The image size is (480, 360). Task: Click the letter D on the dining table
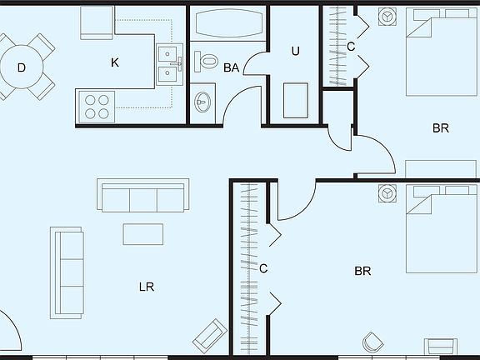click(22, 67)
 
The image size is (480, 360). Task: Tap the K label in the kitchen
click(115, 62)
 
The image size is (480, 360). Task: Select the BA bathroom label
click(232, 67)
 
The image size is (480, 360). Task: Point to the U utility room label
click(295, 51)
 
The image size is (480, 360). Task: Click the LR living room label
click(147, 287)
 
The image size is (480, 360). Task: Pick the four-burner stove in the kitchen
click(96, 106)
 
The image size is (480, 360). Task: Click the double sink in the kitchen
click(170, 64)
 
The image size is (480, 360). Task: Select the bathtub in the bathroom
click(227, 23)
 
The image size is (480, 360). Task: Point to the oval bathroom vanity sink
click(202, 103)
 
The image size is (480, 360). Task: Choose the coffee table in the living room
click(143, 234)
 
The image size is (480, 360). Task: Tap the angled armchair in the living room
click(210, 335)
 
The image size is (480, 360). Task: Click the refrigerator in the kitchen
click(97, 22)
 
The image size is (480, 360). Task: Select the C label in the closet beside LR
click(263, 268)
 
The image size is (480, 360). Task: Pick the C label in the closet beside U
click(351, 47)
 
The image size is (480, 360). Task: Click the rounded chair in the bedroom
click(371, 342)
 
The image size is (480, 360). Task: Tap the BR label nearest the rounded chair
click(362, 271)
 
